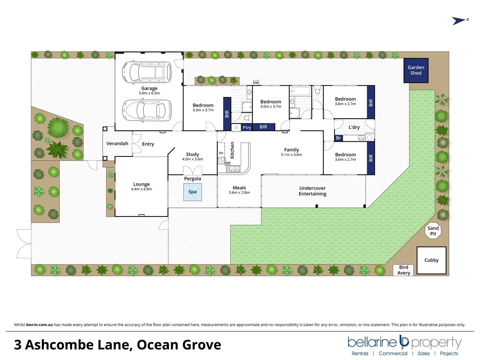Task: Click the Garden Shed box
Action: [x=416, y=70]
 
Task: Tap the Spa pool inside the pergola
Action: [x=192, y=192]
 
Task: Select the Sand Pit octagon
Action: [x=433, y=231]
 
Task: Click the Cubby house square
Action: [x=431, y=260]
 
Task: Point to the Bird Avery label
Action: [x=403, y=270]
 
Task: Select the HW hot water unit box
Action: [x=256, y=83]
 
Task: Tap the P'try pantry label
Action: [x=247, y=127]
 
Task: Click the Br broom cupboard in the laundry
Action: [x=338, y=138]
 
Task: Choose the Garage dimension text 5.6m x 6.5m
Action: [x=149, y=93]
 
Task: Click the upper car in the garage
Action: [x=146, y=72]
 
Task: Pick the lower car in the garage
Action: [x=146, y=110]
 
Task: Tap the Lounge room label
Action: [x=141, y=184]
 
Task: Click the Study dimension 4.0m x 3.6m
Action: [x=192, y=159]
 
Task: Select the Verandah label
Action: [x=117, y=144]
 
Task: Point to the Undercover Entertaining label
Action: [x=312, y=191]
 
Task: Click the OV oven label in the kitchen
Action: [x=221, y=153]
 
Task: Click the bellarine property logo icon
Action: [x=404, y=341]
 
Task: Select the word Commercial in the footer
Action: [x=393, y=353]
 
